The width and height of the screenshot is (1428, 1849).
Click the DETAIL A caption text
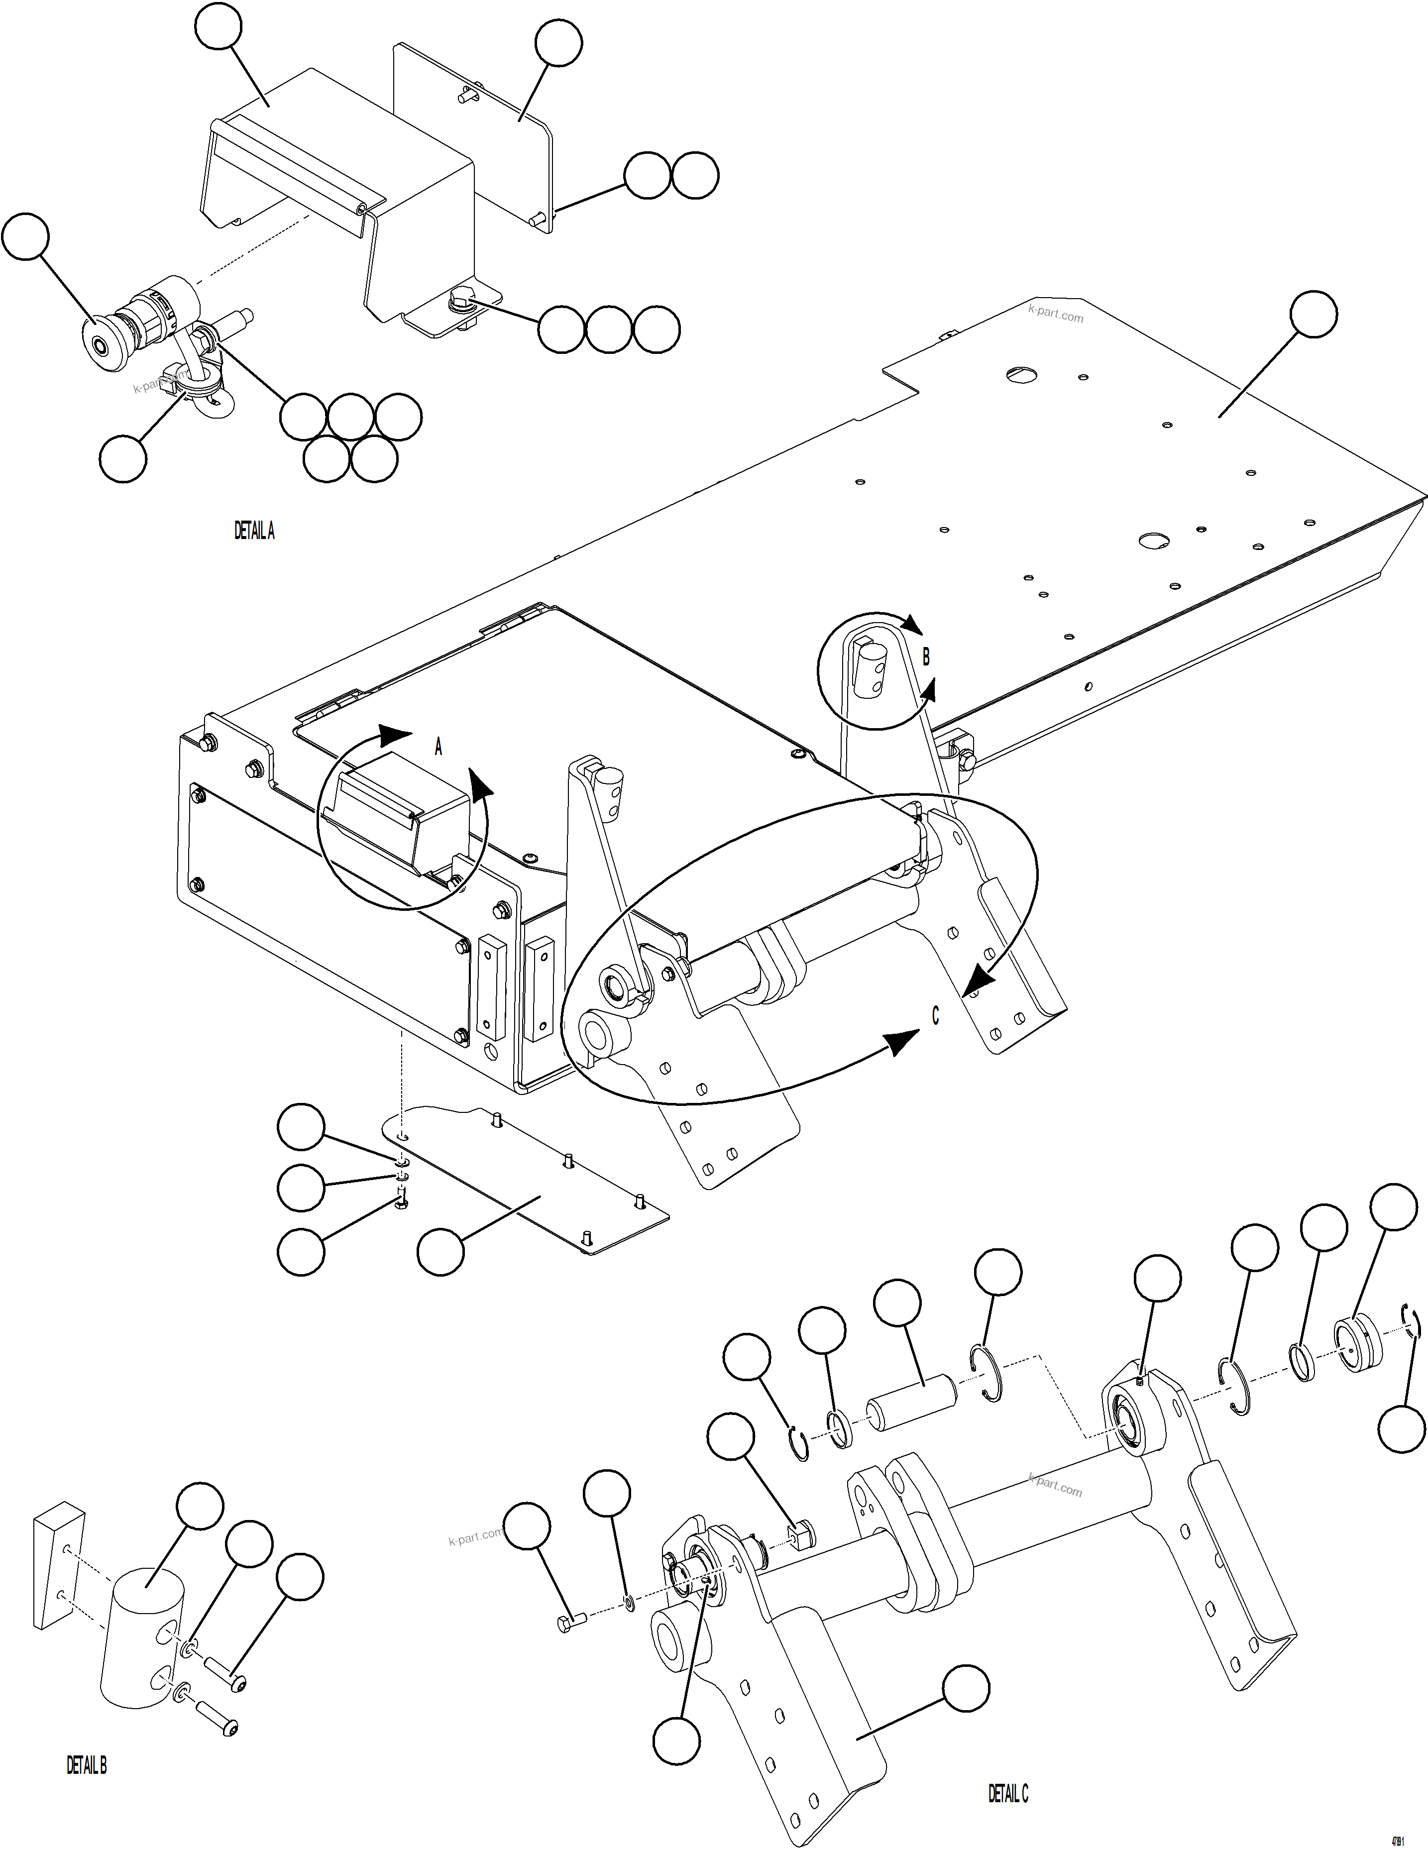pyautogui.click(x=254, y=531)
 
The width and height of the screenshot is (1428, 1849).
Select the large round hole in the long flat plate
pyautogui.click(x=1152, y=540)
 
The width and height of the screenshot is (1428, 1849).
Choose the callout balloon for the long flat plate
pyautogui.click(x=1313, y=314)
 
